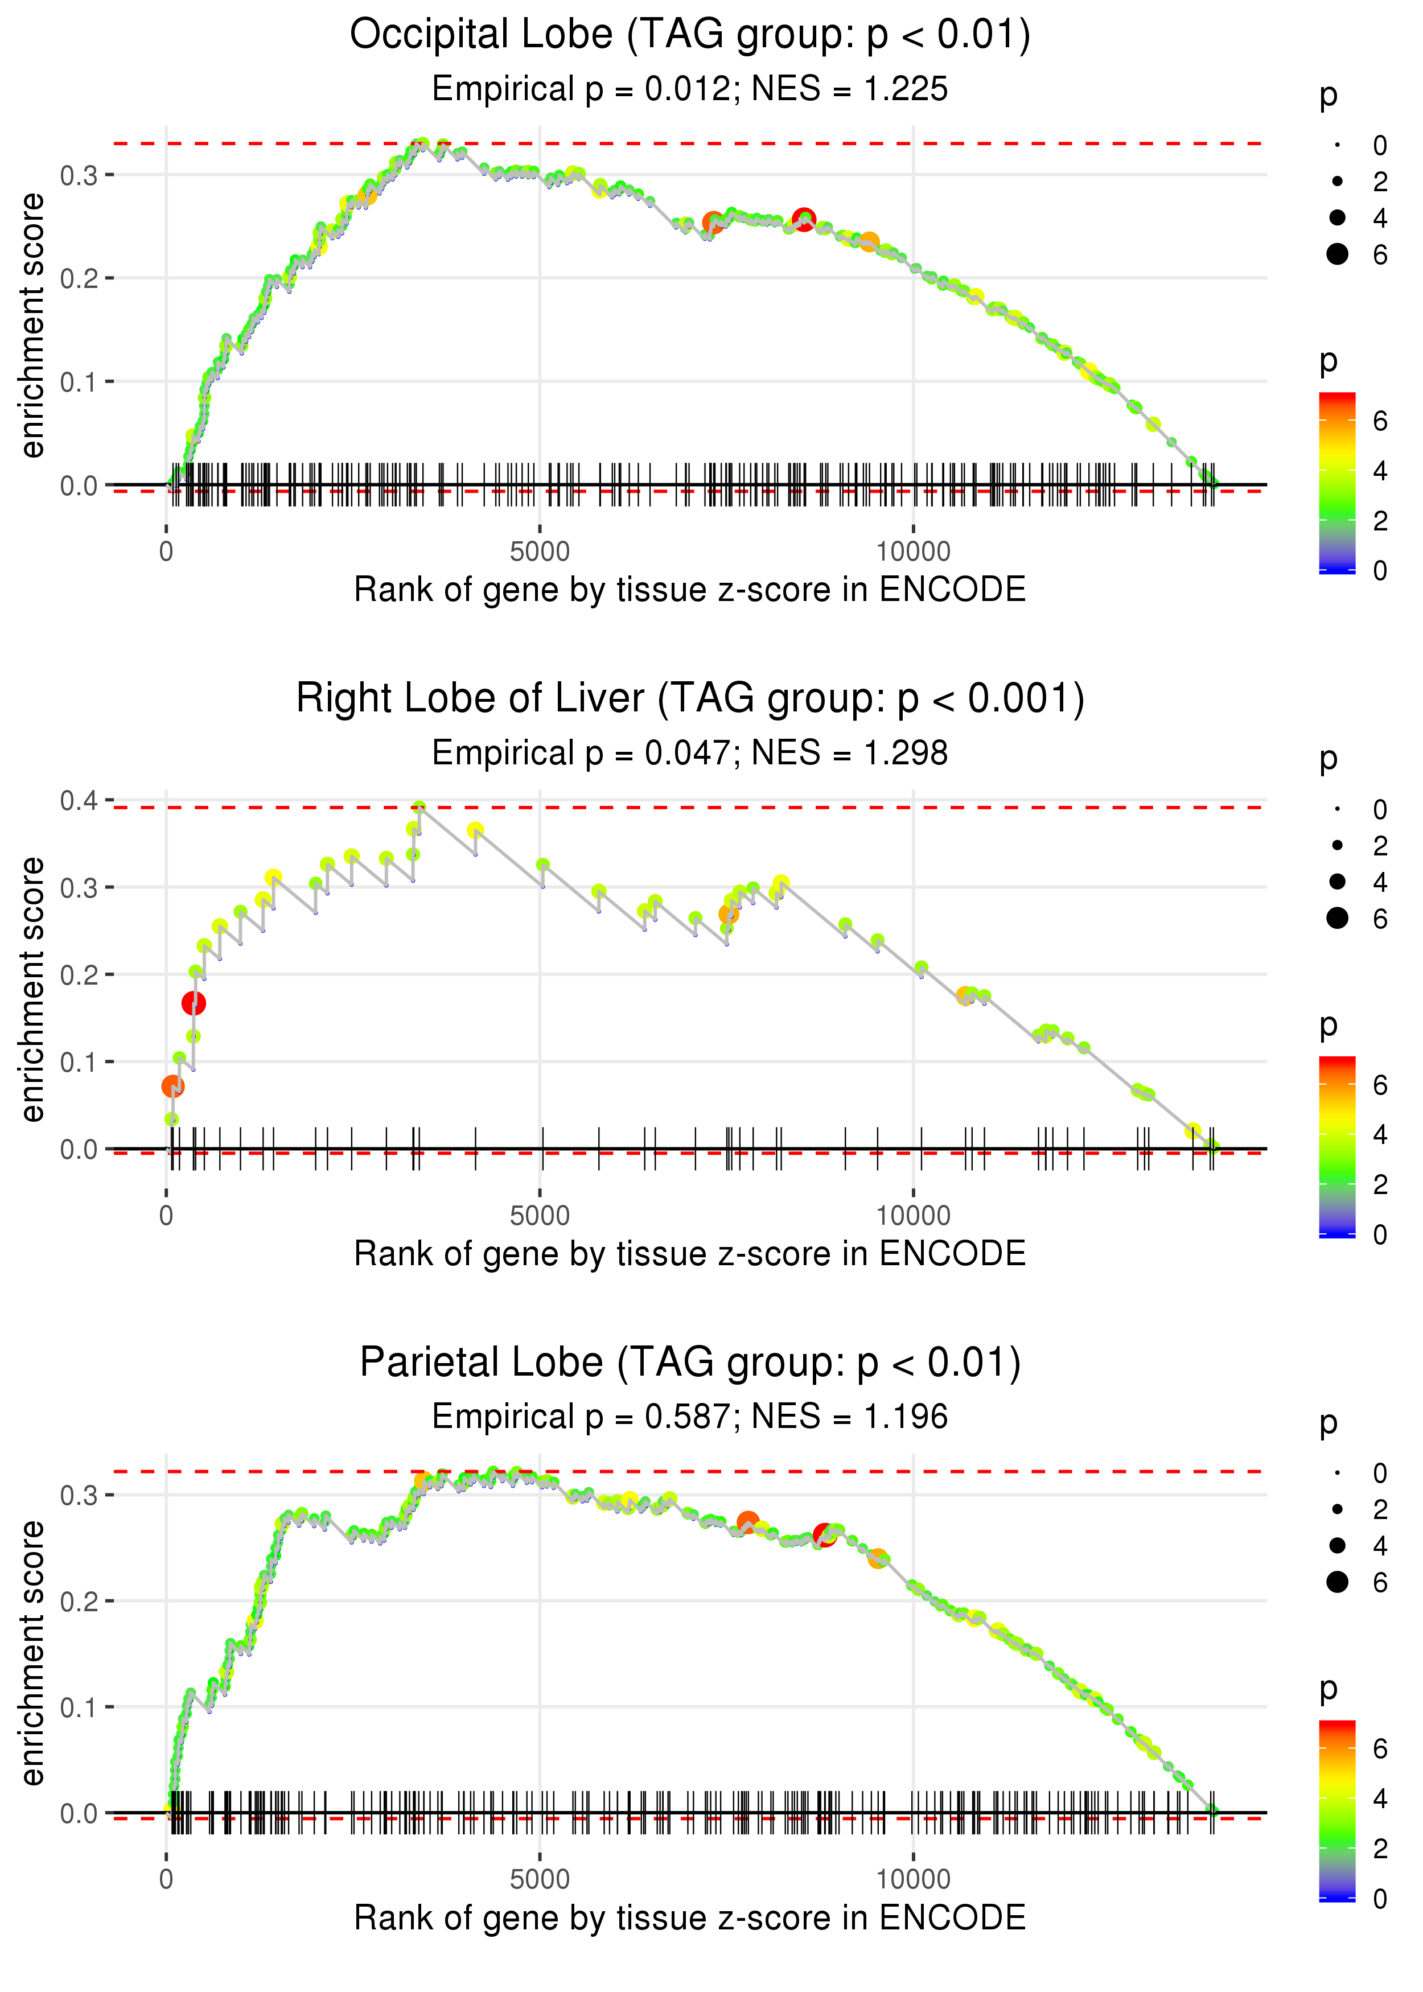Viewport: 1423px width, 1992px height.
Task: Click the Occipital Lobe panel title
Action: click(x=690, y=35)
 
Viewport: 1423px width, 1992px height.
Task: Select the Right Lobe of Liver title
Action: click(x=690, y=699)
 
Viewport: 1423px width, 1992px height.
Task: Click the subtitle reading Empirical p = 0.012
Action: click(x=690, y=89)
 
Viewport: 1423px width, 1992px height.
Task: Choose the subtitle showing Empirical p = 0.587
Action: click(x=690, y=1417)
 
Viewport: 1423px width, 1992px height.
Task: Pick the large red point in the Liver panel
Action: click(x=194, y=1003)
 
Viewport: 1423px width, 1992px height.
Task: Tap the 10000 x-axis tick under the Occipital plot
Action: click(x=913, y=552)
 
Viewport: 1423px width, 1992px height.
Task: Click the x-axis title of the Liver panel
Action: click(x=690, y=1254)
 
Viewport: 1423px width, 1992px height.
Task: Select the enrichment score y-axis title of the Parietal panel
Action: click(x=32, y=1652)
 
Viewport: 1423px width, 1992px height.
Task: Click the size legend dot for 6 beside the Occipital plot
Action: click(x=1337, y=254)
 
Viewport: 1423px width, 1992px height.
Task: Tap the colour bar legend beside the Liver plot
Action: click(x=1337, y=1147)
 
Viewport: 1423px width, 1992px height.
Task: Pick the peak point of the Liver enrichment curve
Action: click(x=420, y=808)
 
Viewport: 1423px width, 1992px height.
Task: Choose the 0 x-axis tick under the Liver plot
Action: click(x=166, y=1216)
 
